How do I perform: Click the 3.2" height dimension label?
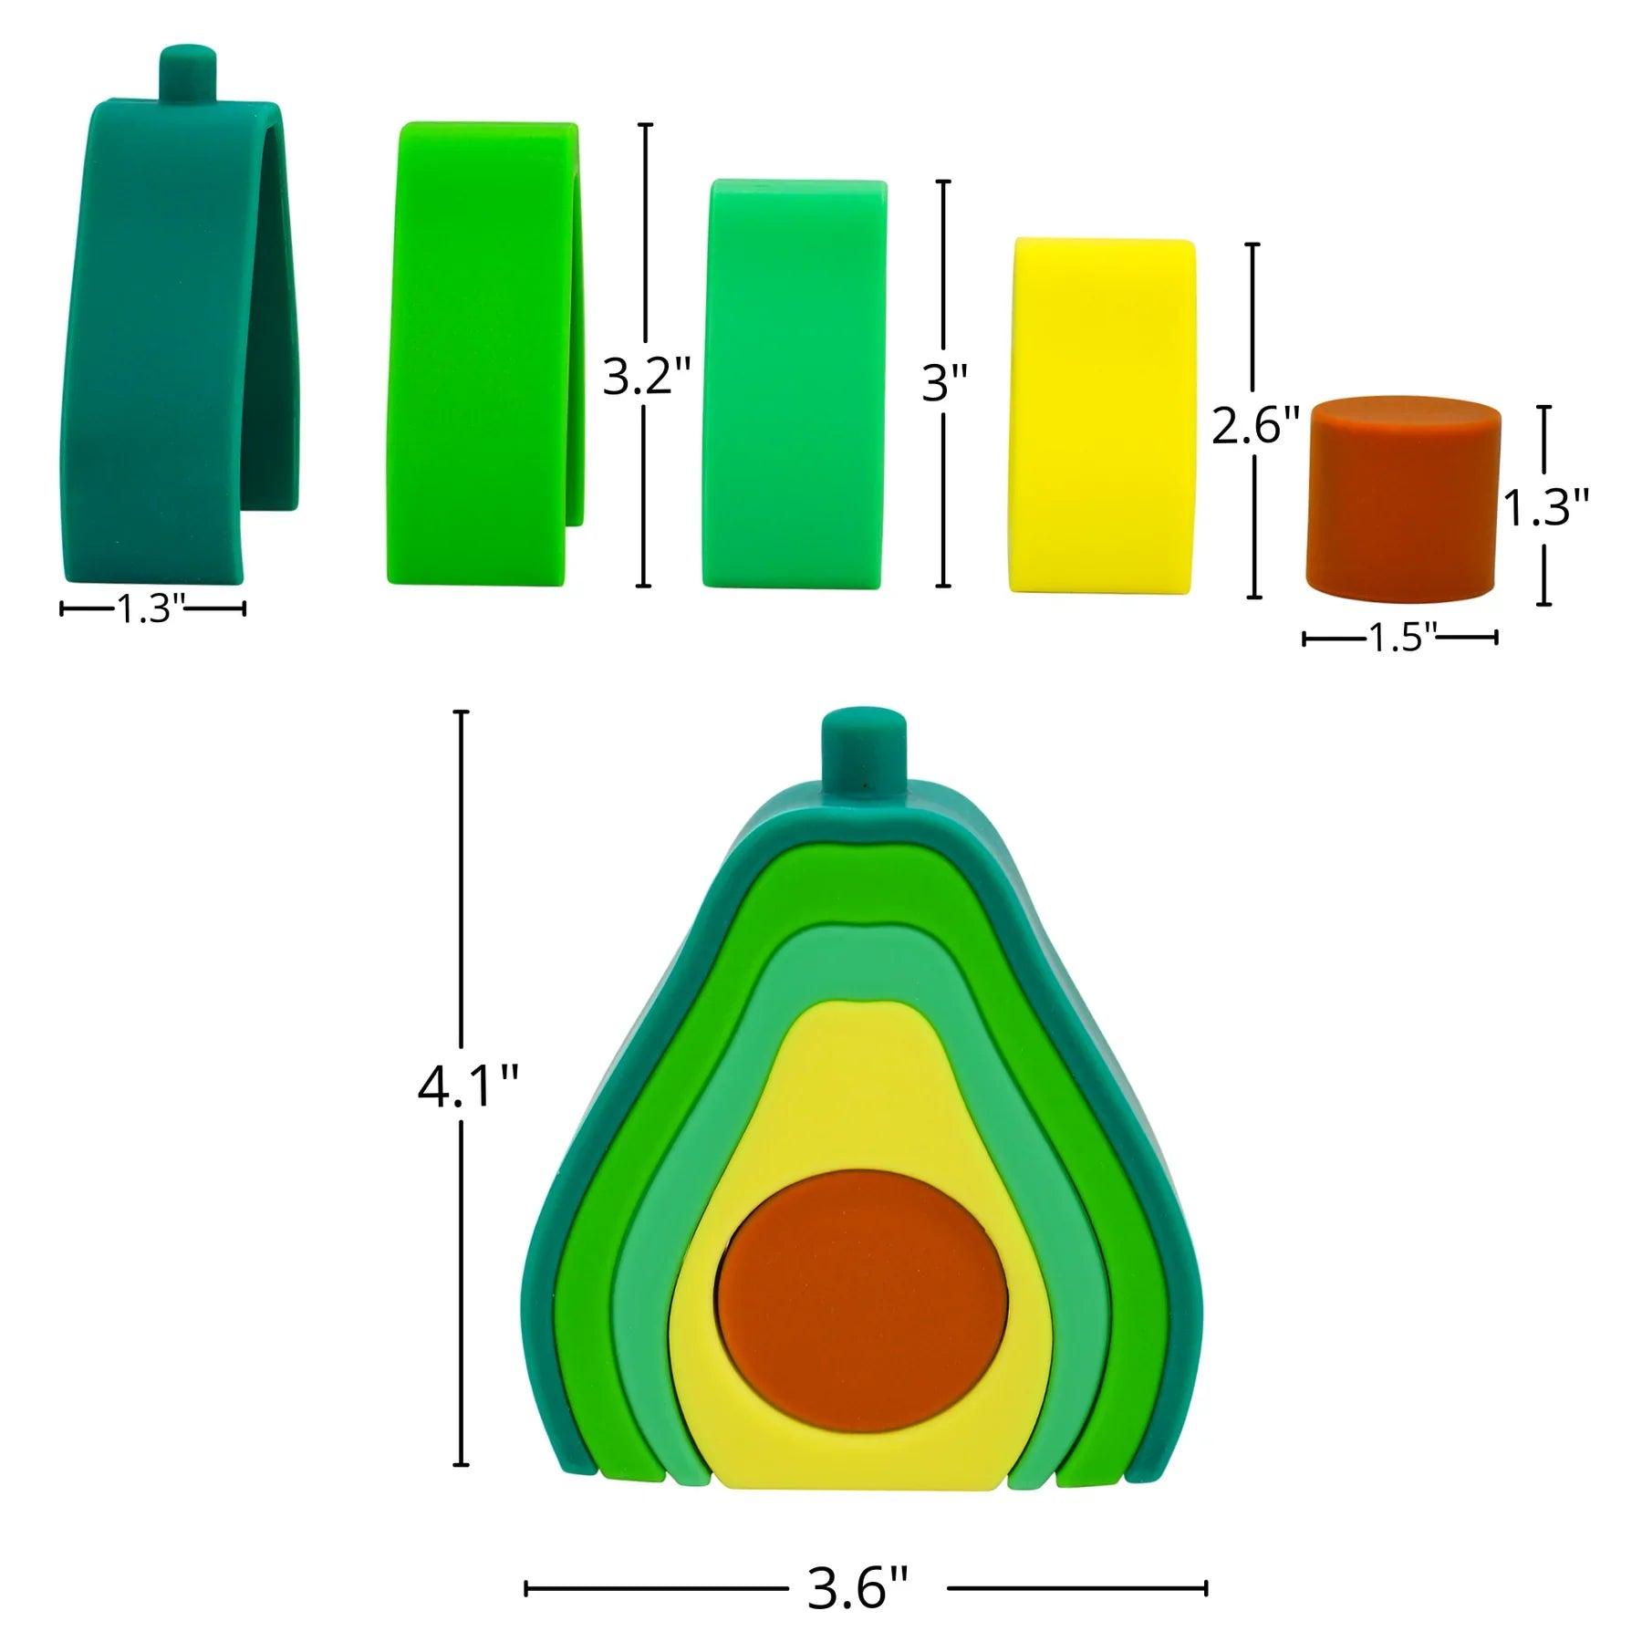tap(647, 377)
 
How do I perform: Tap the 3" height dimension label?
tap(944, 383)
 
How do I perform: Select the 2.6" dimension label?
tap(1254, 425)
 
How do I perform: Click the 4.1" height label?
tap(468, 1087)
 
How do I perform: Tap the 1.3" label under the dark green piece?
tap(151, 608)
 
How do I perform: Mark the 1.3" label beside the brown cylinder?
tap(1545, 508)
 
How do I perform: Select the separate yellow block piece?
tap(1102, 416)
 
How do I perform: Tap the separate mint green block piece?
tap(794, 383)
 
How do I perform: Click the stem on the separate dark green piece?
tap(189, 74)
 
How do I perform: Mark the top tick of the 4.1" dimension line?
tap(462, 712)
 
